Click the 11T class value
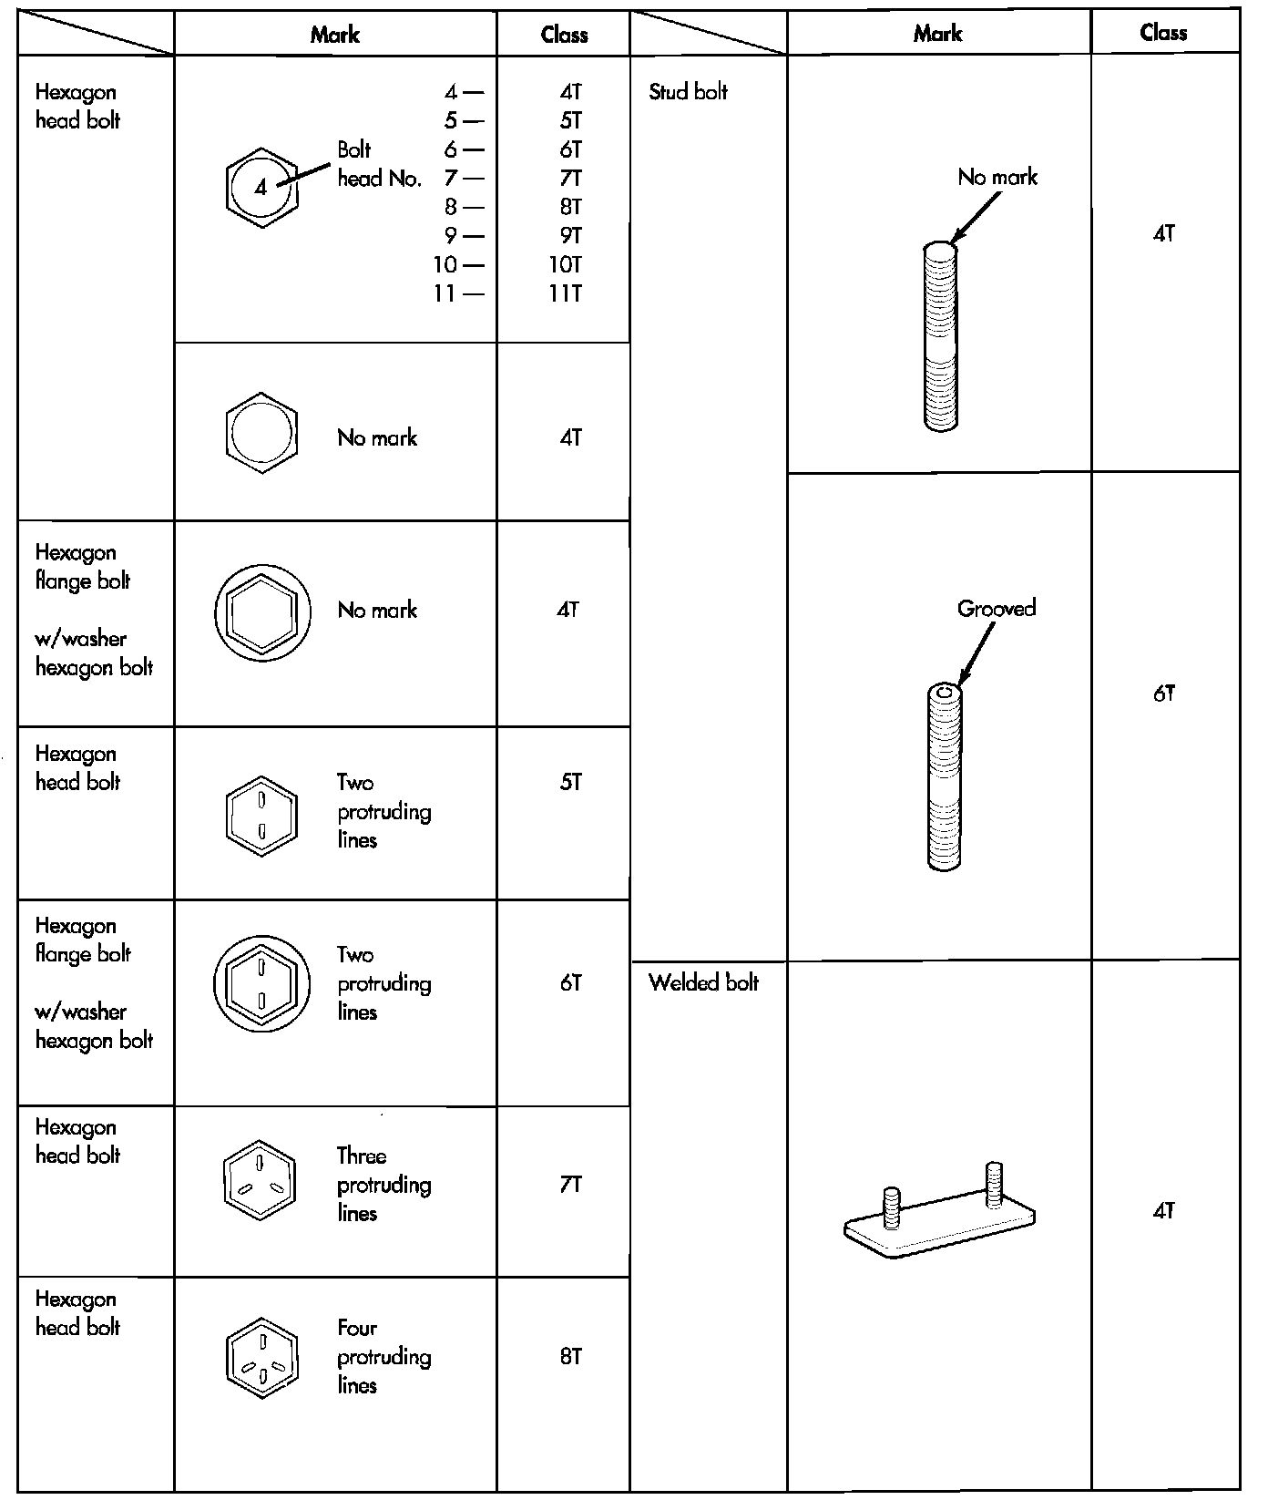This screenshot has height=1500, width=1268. (x=566, y=293)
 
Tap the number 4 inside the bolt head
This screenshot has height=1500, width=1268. (x=261, y=189)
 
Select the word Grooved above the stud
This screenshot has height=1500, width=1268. (x=997, y=609)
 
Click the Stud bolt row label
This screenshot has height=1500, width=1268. (x=688, y=92)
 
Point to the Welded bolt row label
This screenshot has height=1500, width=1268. (x=703, y=982)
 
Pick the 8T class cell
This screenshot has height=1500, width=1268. (x=570, y=1357)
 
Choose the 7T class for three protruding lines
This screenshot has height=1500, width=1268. (x=570, y=1185)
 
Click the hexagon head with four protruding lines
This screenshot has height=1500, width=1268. (x=262, y=1358)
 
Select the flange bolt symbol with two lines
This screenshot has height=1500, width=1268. (x=261, y=984)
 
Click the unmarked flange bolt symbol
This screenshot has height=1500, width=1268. (x=262, y=611)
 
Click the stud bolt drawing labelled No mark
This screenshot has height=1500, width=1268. (x=940, y=336)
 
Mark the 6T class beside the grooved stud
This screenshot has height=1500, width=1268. (x=1163, y=694)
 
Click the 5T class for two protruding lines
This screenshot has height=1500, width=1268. (x=570, y=783)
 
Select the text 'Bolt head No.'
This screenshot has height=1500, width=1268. (x=379, y=164)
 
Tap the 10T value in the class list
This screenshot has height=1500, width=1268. (x=565, y=265)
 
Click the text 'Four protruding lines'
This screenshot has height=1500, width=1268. (x=383, y=1357)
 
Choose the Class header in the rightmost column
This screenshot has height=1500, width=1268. (x=1163, y=33)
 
